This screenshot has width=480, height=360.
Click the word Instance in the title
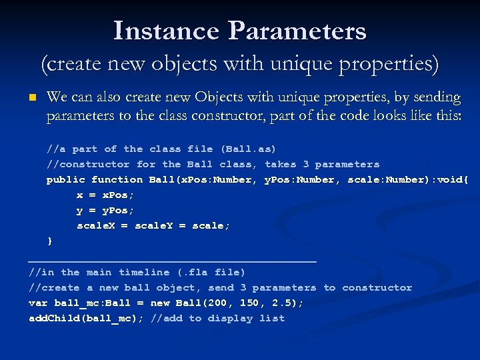(x=167, y=31)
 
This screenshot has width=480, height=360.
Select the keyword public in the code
(x=65, y=179)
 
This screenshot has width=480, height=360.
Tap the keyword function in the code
(x=117, y=179)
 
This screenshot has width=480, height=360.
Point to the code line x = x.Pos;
(x=105, y=195)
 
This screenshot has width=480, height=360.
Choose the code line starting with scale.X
(x=153, y=225)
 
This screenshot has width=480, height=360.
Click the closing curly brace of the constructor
(x=49, y=241)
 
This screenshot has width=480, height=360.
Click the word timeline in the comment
(x=144, y=272)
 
